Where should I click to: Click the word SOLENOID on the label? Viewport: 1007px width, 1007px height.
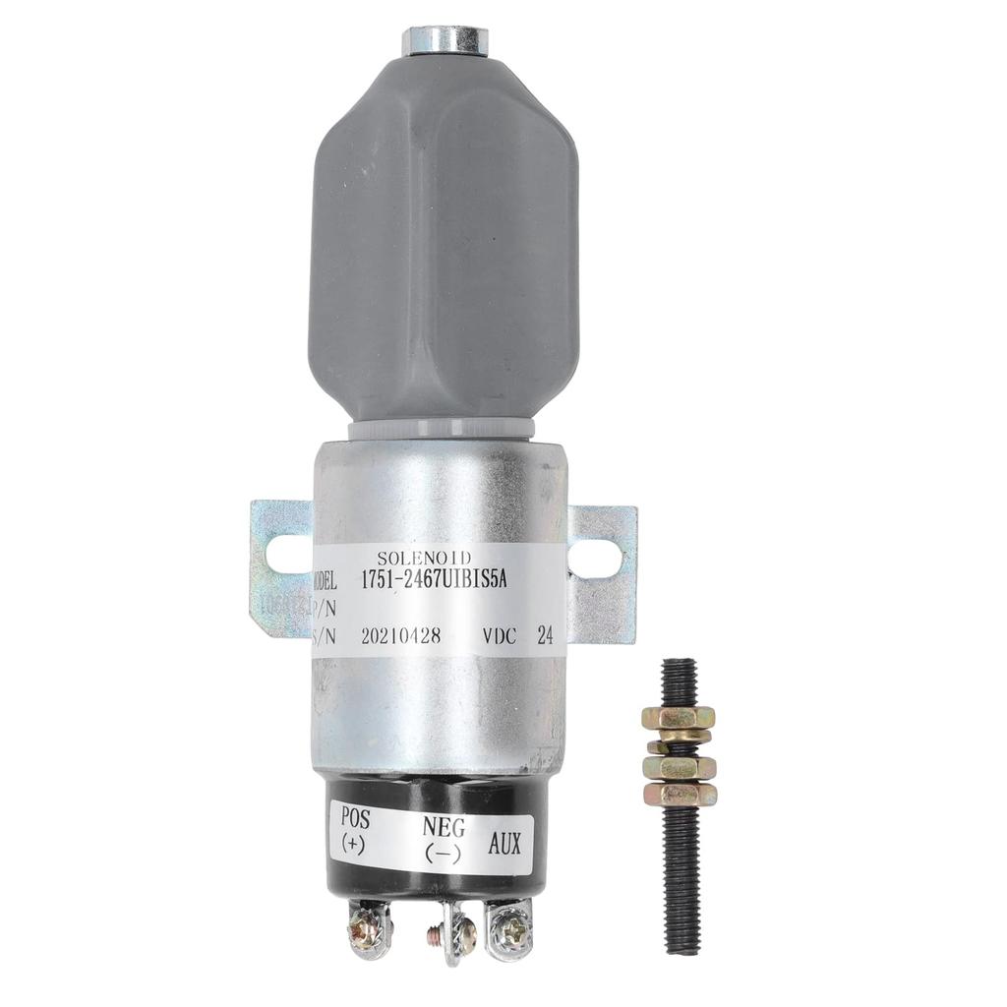[425, 558]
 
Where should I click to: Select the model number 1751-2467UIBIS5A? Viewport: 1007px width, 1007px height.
[444, 581]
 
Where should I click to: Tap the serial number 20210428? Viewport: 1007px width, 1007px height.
[406, 635]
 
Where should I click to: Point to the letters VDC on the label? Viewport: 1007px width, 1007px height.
[499, 635]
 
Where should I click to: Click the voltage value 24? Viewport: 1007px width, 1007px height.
[543, 635]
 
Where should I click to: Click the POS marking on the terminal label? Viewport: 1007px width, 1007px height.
[354, 818]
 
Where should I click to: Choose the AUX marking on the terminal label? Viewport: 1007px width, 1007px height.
[504, 844]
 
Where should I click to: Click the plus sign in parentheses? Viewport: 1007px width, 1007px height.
[353, 844]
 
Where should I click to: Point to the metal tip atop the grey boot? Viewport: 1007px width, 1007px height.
[444, 41]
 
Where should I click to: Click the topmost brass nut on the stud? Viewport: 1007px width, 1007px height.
[679, 719]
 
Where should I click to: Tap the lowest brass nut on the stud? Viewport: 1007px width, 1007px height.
[679, 792]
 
